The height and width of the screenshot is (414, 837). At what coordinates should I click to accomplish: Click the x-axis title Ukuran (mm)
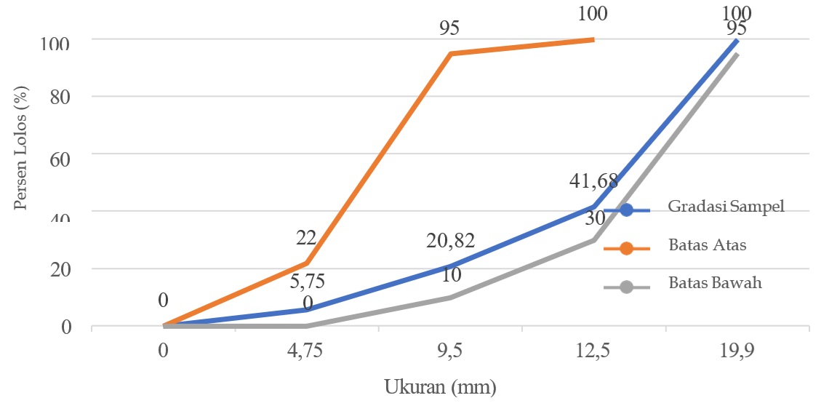click(x=440, y=386)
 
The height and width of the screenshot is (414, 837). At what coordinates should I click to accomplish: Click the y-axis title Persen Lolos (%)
click(x=21, y=150)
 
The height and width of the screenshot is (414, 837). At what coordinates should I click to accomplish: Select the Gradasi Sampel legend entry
click(x=726, y=206)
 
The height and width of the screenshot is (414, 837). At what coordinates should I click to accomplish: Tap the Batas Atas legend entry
click(x=707, y=244)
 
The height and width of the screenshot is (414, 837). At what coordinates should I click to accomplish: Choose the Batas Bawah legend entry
click(x=715, y=283)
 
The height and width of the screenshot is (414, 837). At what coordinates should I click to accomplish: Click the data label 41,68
click(x=594, y=182)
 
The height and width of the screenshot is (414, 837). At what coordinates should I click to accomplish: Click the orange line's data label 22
click(x=305, y=237)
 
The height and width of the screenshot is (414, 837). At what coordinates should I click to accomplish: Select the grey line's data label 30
click(x=595, y=218)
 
